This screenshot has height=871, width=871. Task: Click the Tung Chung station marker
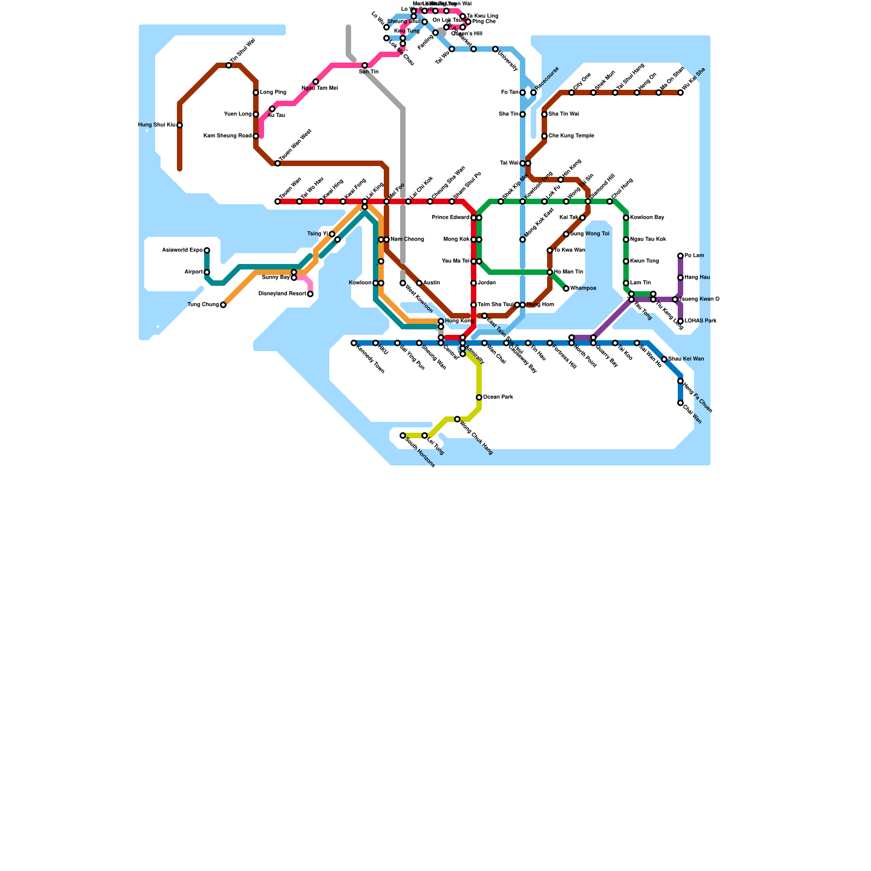223,305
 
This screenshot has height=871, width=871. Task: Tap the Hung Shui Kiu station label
157,125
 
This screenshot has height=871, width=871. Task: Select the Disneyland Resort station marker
310,294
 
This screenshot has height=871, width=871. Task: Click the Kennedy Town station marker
354,343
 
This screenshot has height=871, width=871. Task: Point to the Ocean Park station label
498,397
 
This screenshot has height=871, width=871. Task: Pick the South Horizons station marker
403,436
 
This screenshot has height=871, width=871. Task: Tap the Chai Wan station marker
680,403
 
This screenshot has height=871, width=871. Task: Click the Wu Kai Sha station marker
680,93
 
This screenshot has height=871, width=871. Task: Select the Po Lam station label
694,256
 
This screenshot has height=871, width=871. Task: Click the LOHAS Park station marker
680,321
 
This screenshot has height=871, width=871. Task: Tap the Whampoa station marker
566,289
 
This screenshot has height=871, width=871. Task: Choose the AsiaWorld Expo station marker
207,250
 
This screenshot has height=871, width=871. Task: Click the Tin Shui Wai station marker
229,65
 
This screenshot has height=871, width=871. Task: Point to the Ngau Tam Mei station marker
316,82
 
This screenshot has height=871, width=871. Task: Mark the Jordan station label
487,283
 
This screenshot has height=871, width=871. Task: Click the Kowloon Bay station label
647,218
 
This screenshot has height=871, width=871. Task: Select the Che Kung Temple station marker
544,136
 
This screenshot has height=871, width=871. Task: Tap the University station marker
495,49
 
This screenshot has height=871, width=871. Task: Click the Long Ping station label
273,93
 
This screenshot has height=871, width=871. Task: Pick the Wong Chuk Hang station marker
457,419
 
